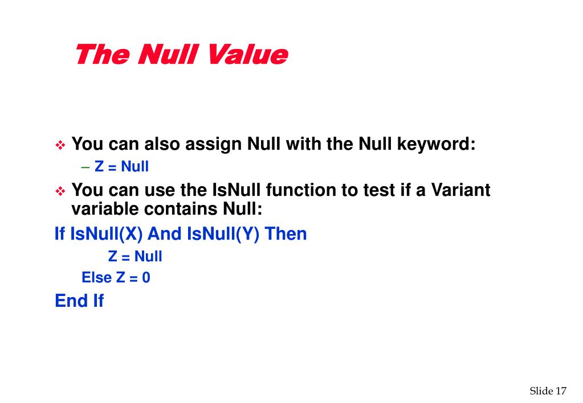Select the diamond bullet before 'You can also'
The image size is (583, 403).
point(60,146)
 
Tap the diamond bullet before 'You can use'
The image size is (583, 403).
point(60,191)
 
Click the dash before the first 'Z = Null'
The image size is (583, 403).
point(85,167)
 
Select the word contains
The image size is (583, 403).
point(181,209)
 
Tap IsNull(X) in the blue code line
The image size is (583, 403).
point(107,234)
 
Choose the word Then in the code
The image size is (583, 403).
point(286,234)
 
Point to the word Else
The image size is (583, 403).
point(97,278)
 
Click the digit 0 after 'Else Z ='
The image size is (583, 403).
point(146,278)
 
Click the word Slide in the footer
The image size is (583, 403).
point(541,390)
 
